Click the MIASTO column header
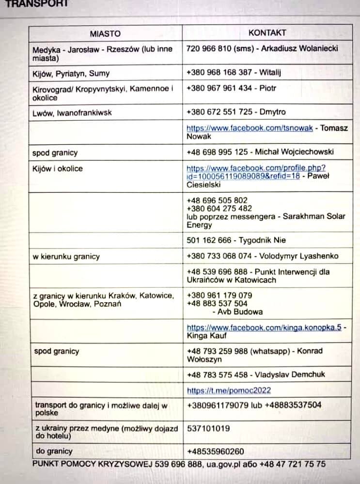pyautogui.click(x=105, y=33)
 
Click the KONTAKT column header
pyautogui.click(x=267, y=33)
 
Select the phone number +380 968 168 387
pyautogui.click(x=219, y=72)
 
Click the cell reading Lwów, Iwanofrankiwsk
pyautogui.click(x=72, y=112)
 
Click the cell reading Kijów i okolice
pyautogui.click(x=58, y=169)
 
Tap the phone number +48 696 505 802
pyautogui.click(x=217, y=200)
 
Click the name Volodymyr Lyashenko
pyautogui.click(x=299, y=256)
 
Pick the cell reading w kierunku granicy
pyautogui.click(x=66, y=256)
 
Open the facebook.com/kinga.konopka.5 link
pyautogui.click(x=264, y=328)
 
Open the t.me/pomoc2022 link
pyautogui.click(x=229, y=390)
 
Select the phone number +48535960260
pyautogui.click(x=215, y=451)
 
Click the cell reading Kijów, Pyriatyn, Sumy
pyautogui.click(x=71, y=74)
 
